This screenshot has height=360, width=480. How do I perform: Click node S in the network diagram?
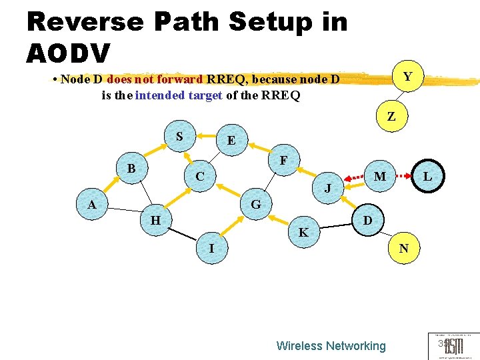click(179, 137)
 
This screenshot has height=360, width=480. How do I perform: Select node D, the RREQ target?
click(367, 221)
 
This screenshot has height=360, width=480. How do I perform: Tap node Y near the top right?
click(407, 77)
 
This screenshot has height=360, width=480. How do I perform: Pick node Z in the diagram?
click(391, 116)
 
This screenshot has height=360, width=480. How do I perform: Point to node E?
click(231, 141)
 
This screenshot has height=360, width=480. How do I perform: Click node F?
click(284, 161)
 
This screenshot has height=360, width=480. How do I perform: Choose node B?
click(131, 169)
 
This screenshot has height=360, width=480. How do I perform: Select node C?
click(199, 177)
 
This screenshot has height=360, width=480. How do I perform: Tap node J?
click(327, 189)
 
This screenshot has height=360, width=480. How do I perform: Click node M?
click(380, 177)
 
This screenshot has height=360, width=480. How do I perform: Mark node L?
click(427, 177)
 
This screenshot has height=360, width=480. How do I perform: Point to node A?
click(92, 205)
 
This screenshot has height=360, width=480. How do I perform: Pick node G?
click(255, 204)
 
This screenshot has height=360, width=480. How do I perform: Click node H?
click(155, 220)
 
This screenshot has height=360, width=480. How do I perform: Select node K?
click(303, 233)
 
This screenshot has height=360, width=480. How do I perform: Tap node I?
click(211, 249)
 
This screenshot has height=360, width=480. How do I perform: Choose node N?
click(403, 249)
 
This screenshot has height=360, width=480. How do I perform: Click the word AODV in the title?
click(69, 52)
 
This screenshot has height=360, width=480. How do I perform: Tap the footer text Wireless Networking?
click(331, 345)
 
